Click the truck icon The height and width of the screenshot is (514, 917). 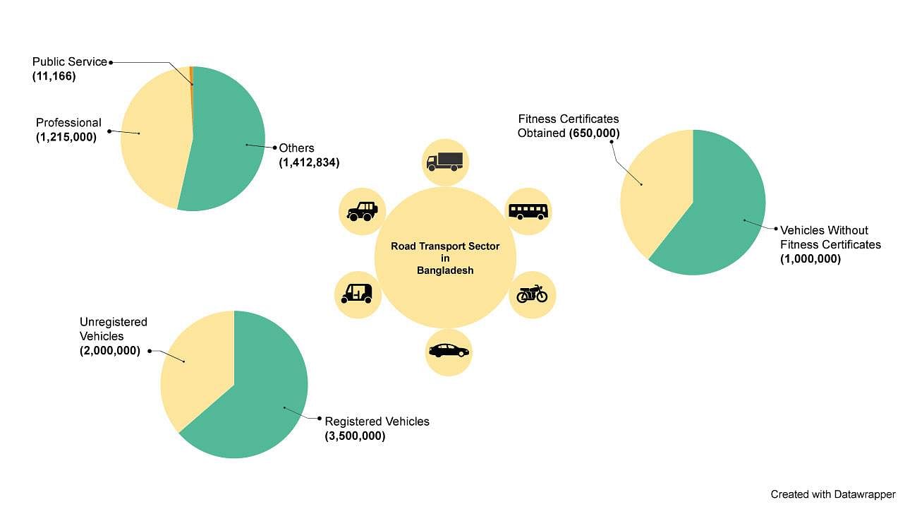(x=445, y=162)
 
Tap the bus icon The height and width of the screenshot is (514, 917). (x=528, y=211)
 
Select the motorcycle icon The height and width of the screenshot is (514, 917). (x=532, y=294)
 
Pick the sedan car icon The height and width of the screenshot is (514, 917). (x=448, y=350)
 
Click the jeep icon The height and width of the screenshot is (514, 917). (x=363, y=210)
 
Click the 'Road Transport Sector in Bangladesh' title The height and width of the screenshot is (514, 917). (x=445, y=258)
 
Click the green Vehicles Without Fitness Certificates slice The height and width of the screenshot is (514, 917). (x=719, y=212)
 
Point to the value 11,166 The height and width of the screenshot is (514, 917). (x=54, y=76)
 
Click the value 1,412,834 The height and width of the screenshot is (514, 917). (x=309, y=162)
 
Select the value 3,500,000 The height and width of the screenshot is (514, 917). (x=355, y=436)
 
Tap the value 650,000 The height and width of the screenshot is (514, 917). (x=595, y=133)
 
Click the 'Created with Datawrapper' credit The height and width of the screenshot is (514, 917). (x=832, y=494)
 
